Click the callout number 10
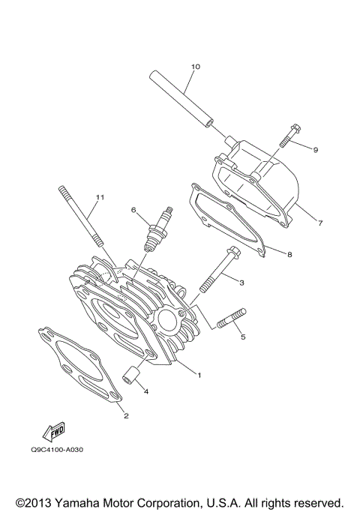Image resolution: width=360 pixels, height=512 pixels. coord(195,67)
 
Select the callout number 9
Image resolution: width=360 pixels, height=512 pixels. coord(316,150)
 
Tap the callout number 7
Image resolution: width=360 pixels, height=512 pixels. coord(319,223)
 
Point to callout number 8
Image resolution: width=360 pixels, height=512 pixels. coord(289,255)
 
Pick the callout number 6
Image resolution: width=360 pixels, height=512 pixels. coord(133,210)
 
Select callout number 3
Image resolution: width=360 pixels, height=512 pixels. coord(241,283)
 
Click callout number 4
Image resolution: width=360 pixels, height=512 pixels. coord(146,391)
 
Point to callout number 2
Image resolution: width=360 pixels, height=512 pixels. coord(127,415)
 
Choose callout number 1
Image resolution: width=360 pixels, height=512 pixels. coord(199,375)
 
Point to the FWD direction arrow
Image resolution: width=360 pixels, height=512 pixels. coord(54,431)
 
